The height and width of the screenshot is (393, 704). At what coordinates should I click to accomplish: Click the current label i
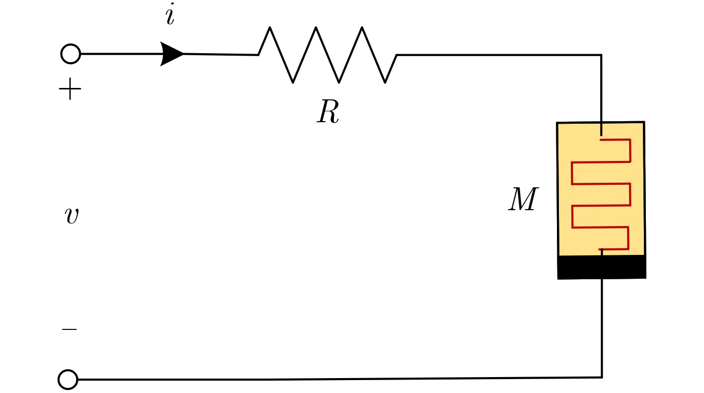tap(170, 14)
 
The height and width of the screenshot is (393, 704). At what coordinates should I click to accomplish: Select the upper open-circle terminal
tap(71, 54)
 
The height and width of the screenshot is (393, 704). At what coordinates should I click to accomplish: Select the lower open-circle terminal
tap(68, 380)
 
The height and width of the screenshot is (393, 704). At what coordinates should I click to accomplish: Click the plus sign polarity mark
tap(70, 89)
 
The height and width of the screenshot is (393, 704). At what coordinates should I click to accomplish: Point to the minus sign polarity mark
tap(70, 329)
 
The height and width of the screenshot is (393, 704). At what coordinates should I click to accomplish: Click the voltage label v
tap(72, 216)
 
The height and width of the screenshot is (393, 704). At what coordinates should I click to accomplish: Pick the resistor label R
tap(328, 112)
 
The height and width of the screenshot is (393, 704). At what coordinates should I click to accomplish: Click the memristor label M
tap(523, 199)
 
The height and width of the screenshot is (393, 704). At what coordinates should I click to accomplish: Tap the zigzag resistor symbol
tap(327, 55)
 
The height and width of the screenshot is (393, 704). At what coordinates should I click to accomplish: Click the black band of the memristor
tap(602, 267)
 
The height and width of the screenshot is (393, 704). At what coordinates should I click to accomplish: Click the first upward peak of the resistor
tap(270, 28)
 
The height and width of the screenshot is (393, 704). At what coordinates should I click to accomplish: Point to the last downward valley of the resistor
tap(385, 82)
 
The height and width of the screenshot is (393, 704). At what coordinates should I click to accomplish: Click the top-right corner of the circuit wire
tap(601, 55)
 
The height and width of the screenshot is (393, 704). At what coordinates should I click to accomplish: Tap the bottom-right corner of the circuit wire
tap(602, 377)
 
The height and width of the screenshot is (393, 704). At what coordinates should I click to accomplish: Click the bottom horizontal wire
tap(340, 379)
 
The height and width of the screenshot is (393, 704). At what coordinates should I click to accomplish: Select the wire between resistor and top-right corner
tap(499, 55)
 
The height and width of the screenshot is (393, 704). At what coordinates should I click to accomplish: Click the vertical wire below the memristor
tap(602, 328)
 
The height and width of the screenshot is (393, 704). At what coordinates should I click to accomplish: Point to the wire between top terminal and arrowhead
tap(121, 54)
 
